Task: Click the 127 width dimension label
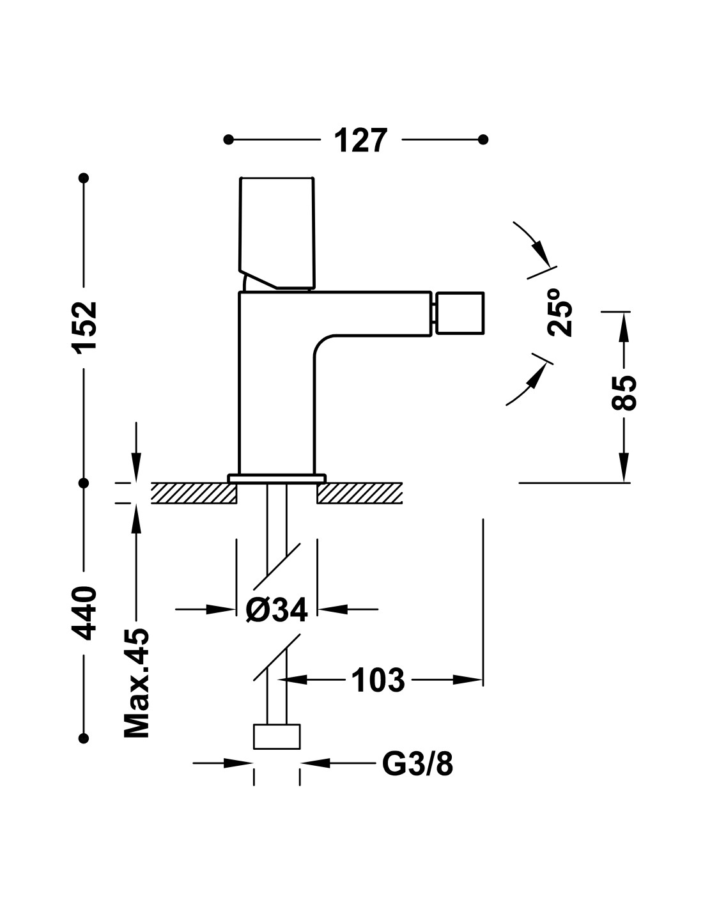(360, 141)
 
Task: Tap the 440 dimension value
(85, 613)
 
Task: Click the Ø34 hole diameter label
(277, 609)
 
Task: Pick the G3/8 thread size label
(417, 765)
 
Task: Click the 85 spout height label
(624, 392)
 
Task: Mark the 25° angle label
(560, 312)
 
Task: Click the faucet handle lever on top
(277, 233)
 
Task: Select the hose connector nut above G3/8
(277, 736)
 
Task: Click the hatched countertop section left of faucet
(194, 493)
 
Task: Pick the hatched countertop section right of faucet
(360, 493)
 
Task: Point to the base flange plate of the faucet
(277, 478)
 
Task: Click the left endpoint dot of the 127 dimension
(228, 139)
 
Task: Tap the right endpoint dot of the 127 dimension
(483, 139)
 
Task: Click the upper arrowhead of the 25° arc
(543, 254)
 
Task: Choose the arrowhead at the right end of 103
(468, 680)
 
